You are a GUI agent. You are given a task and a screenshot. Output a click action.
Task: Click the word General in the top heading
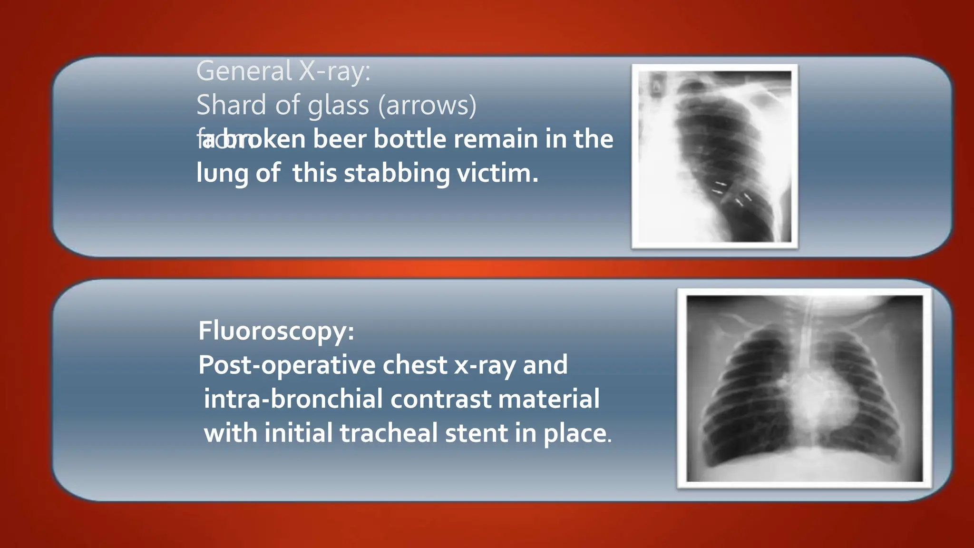(244, 71)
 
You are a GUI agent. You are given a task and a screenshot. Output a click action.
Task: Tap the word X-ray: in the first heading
(334, 71)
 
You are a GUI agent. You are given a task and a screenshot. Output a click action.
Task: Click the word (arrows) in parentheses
(427, 105)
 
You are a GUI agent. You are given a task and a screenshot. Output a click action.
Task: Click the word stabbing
(397, 173)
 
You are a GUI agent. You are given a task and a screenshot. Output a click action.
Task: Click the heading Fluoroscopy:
(276, 331)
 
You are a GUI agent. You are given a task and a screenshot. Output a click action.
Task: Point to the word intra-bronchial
(293, 399)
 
